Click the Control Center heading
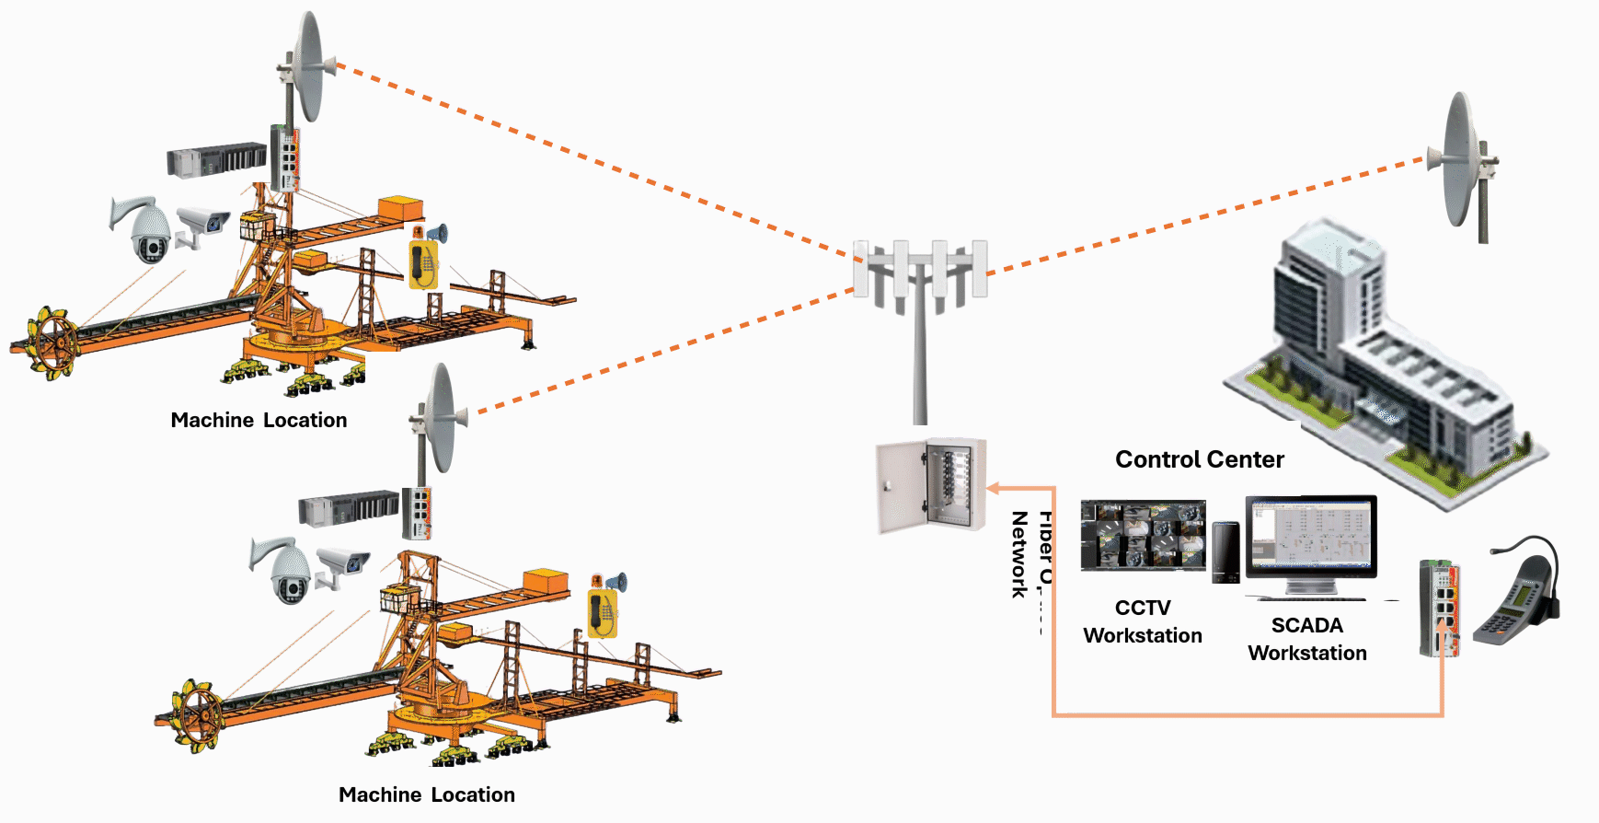point(1199,459)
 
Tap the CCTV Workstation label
point(1143,621)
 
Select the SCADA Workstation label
point(1306,639)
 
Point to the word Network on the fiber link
point(1019,554)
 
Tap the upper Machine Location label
point(259,420)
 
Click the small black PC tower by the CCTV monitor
point(1225,551)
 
